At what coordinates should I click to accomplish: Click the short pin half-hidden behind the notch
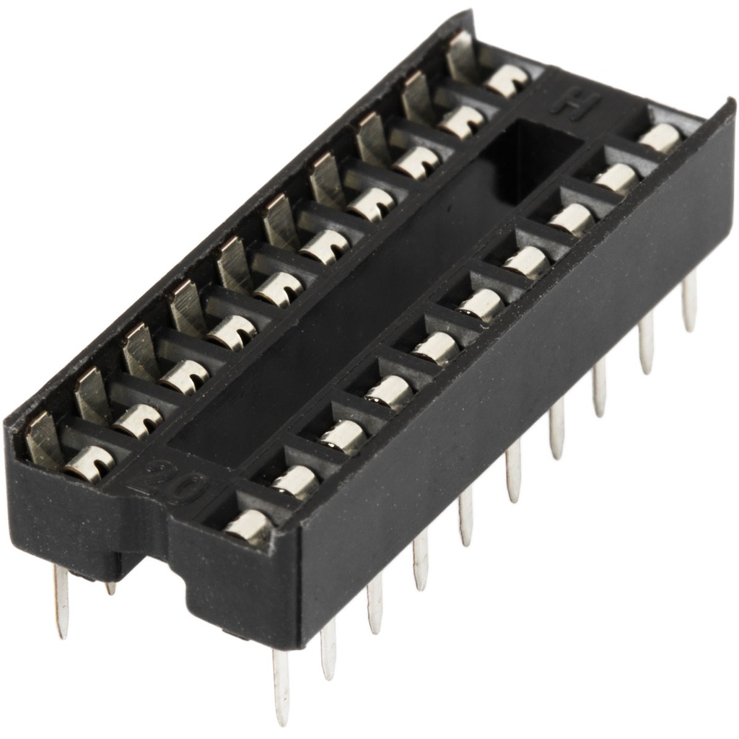[110, 587]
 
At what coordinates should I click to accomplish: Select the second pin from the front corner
[328, 649]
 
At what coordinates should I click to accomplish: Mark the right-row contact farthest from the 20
[659, 136]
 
